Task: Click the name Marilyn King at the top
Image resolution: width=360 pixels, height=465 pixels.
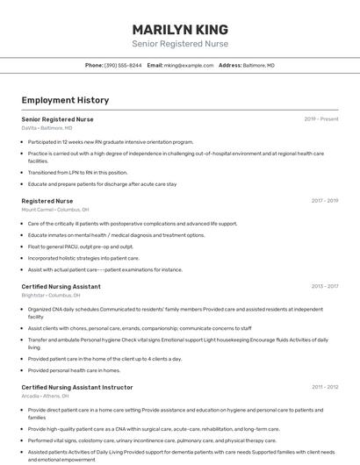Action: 180,29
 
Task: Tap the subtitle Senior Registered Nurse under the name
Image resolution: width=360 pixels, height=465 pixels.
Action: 180,43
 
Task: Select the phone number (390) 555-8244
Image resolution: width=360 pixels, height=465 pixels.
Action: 123,65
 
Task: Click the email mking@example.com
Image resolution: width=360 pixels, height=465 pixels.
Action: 189,65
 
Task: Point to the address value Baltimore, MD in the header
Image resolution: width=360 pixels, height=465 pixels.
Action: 258,65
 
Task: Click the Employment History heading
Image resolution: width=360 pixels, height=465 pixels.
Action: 65,100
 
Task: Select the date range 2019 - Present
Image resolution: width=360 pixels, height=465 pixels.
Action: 321,119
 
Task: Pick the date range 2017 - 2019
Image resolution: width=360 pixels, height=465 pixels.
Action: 325,201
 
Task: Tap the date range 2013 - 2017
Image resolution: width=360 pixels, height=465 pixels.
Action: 325,287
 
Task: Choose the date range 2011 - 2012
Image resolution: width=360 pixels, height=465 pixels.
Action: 325,387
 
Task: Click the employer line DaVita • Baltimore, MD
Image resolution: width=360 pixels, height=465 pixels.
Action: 47,128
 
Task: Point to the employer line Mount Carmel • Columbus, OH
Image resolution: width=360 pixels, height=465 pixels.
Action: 55,210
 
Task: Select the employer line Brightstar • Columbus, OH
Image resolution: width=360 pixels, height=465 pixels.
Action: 51,296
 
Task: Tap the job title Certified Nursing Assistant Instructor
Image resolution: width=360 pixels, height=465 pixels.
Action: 77,387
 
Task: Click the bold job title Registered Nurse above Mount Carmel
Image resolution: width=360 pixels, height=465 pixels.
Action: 47,201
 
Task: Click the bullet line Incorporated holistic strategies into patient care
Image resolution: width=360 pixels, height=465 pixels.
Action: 83,258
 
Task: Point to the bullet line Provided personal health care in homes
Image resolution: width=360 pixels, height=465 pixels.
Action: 74,370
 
